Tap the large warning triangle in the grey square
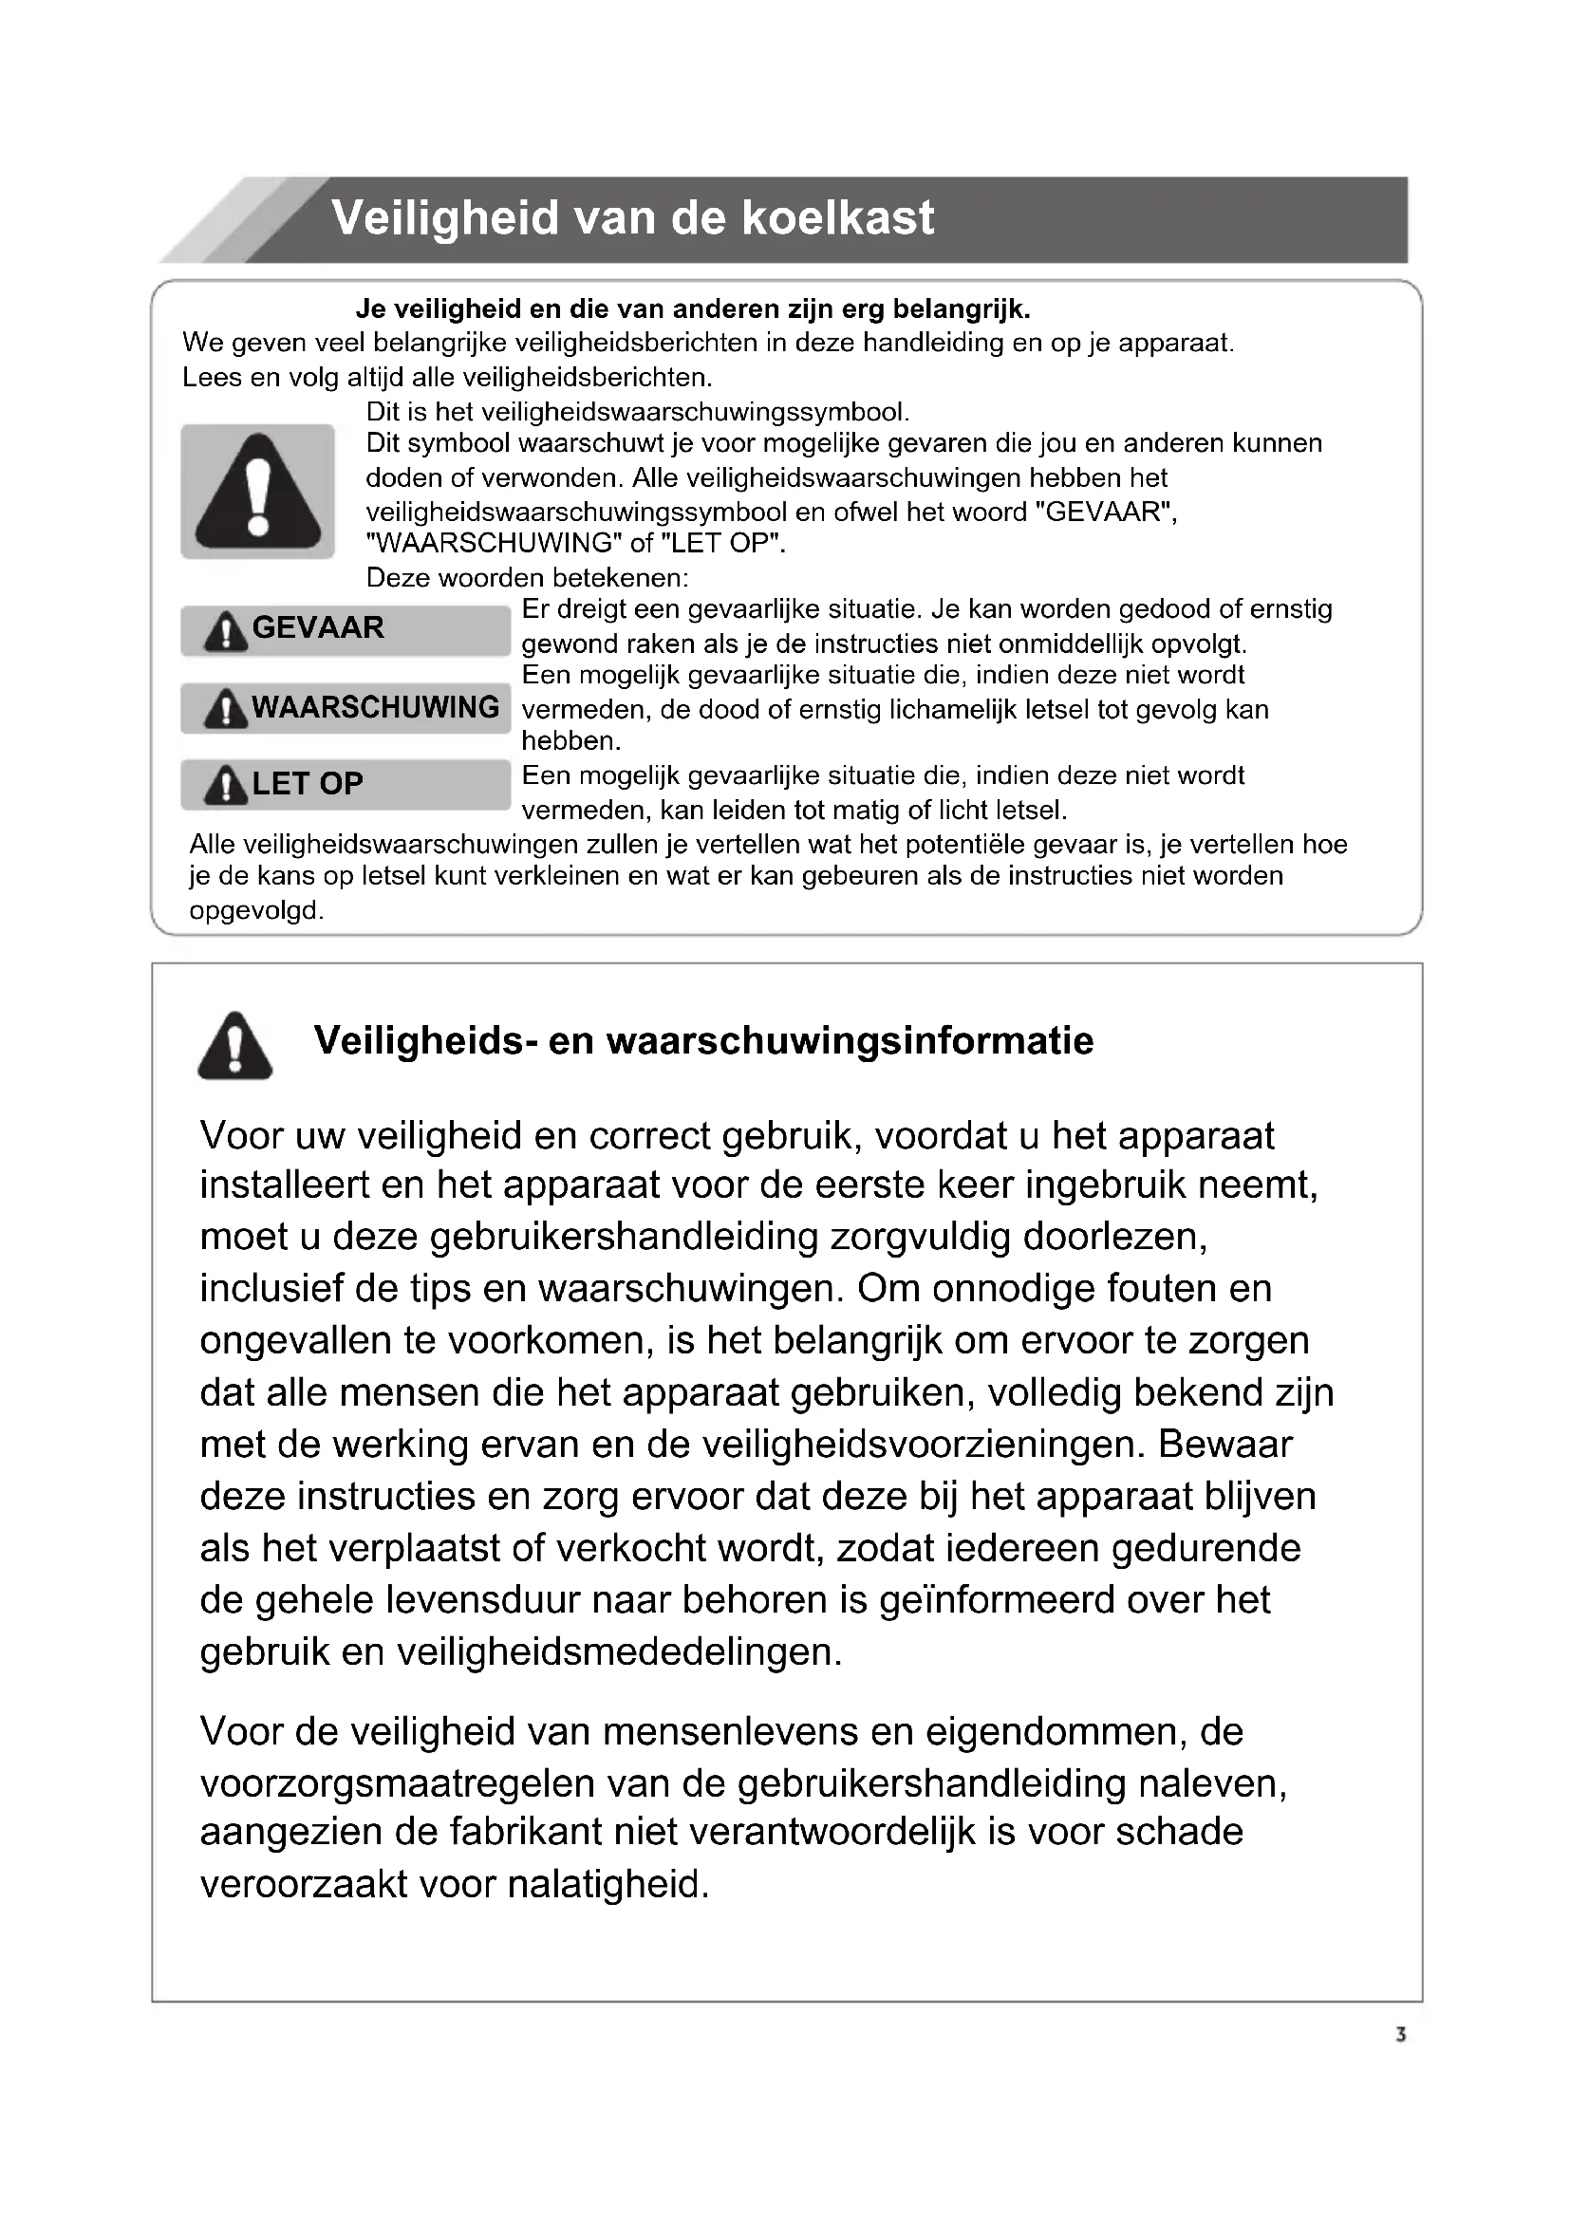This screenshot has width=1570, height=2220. click(257, 493)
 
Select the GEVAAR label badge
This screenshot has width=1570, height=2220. click(346, 629)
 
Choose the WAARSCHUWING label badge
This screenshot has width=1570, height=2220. click(346, 708)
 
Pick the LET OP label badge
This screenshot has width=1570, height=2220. click(346, 784)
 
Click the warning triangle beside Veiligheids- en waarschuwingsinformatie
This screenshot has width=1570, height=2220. click(234, 1046)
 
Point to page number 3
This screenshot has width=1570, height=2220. click(1401, 2035)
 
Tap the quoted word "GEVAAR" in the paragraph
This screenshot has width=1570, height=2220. click(1102, 512)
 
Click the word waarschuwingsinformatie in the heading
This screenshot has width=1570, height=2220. click(850, 1041)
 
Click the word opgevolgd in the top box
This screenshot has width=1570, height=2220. click(256, 911)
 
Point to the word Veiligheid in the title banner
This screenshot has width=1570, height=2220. click(446, 218)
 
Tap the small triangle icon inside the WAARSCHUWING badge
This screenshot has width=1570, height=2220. click(225, 710)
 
